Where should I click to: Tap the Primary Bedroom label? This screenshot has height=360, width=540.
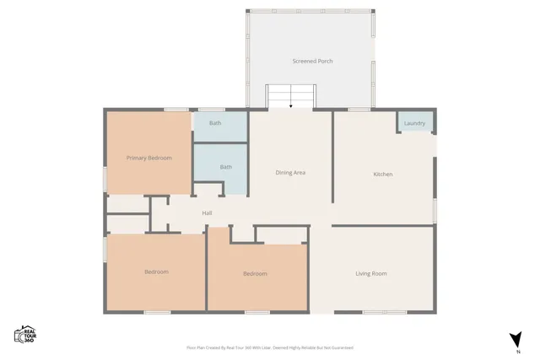point(149,158)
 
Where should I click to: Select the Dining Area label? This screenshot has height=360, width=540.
point(290,173)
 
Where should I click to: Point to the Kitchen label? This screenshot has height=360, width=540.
point(383,175)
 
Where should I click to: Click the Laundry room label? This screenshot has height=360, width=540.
point(414,124)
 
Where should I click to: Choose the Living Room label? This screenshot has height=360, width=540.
point(371,273)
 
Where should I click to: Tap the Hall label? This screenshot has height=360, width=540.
point(207,212)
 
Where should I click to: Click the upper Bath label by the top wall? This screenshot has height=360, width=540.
point(215,123)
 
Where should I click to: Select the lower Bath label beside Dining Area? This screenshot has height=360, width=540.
point(226,167)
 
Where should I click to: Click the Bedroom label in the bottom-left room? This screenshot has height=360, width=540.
point(156,271)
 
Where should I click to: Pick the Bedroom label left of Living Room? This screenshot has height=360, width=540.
point(255,273)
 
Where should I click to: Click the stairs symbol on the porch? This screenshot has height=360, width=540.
point(290,96)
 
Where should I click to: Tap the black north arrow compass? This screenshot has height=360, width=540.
point(514,339)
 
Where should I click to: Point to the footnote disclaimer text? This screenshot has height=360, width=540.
point(270,347)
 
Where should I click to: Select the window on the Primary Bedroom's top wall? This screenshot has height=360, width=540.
point(176,109)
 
